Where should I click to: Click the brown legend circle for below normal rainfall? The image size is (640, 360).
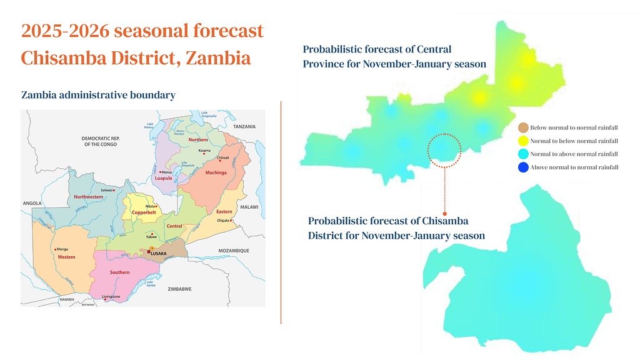pos(524,127)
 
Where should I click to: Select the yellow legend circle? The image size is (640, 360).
pos(524,141)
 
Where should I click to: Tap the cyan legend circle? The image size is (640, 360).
pos(524,154)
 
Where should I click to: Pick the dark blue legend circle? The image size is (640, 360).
pos(524,167)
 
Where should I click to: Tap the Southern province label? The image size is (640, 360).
pos(119,272)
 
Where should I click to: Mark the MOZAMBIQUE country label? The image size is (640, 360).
pos(234,251)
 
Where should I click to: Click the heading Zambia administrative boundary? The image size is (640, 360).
pos(98,95)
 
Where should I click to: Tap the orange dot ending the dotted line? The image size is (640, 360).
pos(444,214)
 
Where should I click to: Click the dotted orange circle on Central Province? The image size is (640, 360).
pos(444,149)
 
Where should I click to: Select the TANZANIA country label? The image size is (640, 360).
pos(244,127)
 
